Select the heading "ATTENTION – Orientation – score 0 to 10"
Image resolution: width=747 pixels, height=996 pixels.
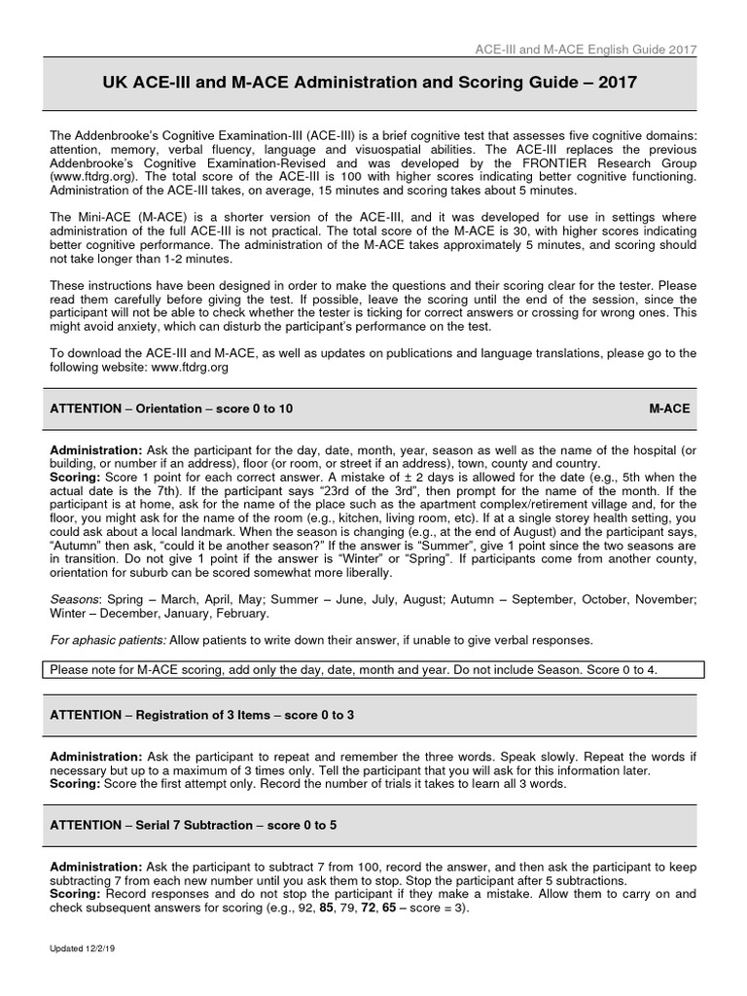pos(171,409)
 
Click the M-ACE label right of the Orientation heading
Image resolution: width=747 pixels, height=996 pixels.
pos(669,409)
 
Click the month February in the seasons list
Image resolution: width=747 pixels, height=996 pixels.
pos(240,614)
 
